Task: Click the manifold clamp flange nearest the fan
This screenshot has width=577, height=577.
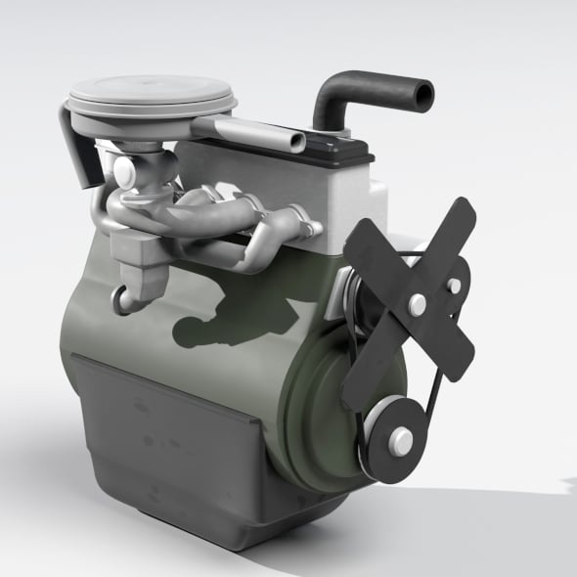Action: (310, 228)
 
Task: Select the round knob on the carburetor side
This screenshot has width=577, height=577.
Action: (123, 174)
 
